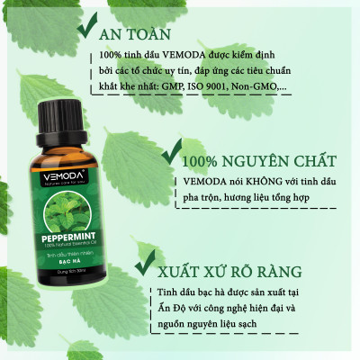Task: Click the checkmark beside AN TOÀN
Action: pos(92,30)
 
